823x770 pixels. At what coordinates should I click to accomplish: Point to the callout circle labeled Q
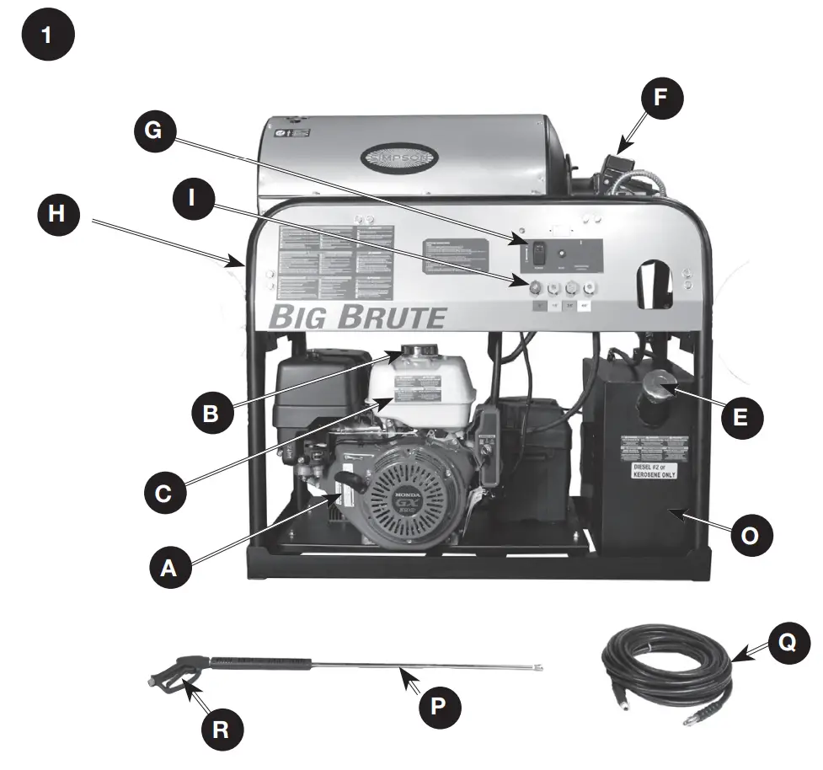785,643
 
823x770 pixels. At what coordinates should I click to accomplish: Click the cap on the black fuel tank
660,385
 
